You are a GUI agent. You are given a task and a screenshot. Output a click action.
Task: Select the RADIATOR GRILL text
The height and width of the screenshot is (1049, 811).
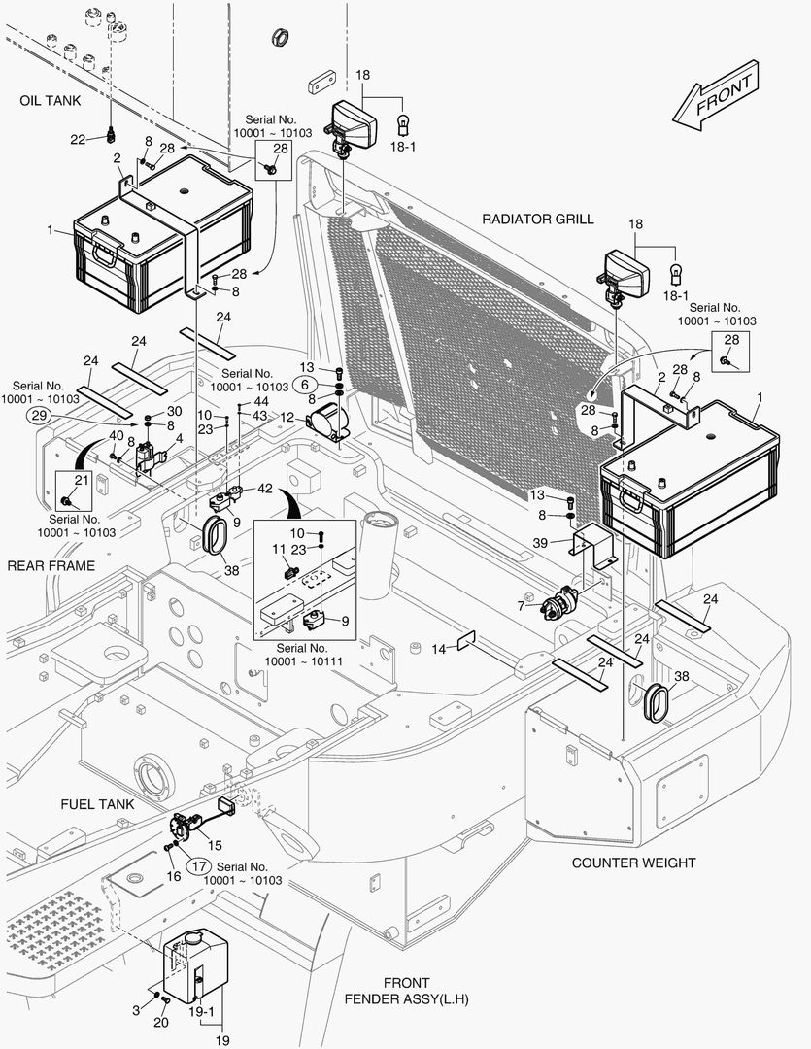click(x=538, y=220)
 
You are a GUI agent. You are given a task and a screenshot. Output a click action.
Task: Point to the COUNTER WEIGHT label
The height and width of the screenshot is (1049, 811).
click(x=633, y=863)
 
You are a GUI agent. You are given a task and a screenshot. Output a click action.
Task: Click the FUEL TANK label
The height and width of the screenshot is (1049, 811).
click(x=97, y=804)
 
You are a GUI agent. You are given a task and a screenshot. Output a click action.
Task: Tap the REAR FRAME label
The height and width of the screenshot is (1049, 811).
click(x=51, y=565)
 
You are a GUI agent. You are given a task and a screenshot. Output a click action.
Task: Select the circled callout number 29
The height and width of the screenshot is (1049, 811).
click(x=40, y=417)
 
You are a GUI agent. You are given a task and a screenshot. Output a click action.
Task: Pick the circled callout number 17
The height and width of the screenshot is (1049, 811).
click(x=198, y=866)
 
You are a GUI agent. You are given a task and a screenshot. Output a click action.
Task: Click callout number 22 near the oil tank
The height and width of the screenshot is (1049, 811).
click(x=78, y=140)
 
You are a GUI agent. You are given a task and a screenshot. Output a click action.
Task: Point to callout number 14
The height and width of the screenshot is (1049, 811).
click(x=438, y=648)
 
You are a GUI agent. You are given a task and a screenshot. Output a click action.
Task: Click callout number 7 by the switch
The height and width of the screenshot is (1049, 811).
click(x=522, y=605)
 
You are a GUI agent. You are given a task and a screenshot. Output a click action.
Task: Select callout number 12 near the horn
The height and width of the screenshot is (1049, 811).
click(x=287, y=416)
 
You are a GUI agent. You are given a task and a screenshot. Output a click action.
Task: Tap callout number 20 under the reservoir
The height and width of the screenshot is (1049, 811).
click(x=161, y=1022)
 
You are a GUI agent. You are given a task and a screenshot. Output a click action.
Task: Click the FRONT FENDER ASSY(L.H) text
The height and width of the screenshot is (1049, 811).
click(x=406, y=991)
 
